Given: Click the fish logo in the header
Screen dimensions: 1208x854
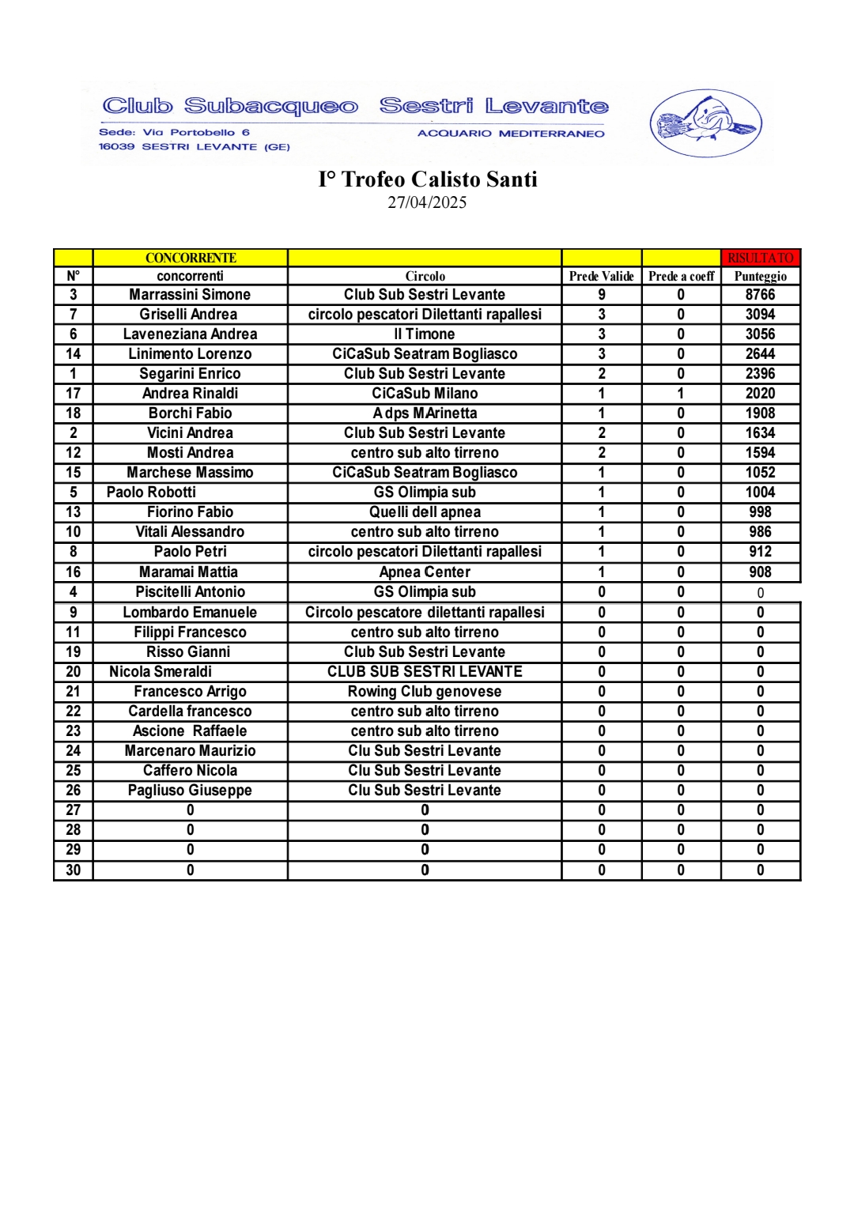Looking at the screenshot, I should pos(705,123).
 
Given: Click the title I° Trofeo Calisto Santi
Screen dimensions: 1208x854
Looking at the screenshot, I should pos(428,179).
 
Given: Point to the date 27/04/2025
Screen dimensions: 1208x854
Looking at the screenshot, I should pos(427,202).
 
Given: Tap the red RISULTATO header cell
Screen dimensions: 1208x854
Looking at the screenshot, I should pos(761,258).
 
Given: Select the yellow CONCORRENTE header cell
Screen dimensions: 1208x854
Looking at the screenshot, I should pos(191,258).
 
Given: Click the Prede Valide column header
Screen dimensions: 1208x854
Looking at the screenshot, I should pos(601,276).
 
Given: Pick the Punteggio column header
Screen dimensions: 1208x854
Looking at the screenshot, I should pos(760,276).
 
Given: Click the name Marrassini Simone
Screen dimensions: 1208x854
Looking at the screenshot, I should pos(190,295).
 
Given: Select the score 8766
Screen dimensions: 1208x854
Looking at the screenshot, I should pos(760,295).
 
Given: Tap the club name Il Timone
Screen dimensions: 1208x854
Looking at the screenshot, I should pos(425,334).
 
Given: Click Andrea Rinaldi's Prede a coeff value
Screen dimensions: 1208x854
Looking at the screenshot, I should pos(681,394).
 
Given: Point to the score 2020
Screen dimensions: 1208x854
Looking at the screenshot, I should pos(760,394).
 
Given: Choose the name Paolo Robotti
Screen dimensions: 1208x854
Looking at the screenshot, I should pos(151,493).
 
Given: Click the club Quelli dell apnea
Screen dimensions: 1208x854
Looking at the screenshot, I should pos(425,512).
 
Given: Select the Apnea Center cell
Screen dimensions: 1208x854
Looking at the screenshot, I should pos(425,572).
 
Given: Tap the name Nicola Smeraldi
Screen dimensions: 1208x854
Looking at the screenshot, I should pos(161,672).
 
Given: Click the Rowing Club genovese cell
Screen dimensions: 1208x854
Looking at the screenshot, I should pos(425,692).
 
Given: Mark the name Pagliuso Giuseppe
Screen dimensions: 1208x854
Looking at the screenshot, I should pos(190,791).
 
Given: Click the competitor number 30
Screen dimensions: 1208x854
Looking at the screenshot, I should pos(74,870).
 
